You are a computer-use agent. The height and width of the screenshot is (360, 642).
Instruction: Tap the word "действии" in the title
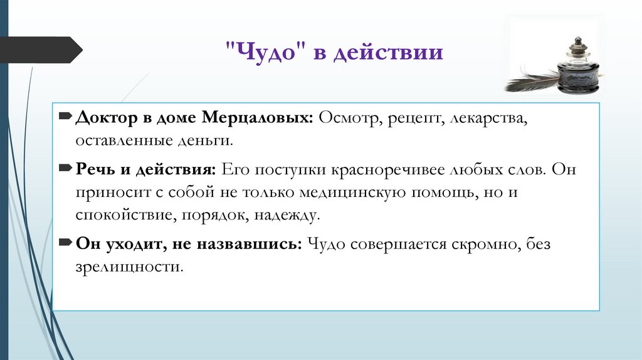point(388,52)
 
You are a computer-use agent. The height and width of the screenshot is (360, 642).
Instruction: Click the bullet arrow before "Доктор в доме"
point(66,117)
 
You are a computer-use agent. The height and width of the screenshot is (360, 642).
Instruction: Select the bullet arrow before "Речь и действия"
point(66,169)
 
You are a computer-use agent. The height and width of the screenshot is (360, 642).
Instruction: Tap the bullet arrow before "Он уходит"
point(66,243)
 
